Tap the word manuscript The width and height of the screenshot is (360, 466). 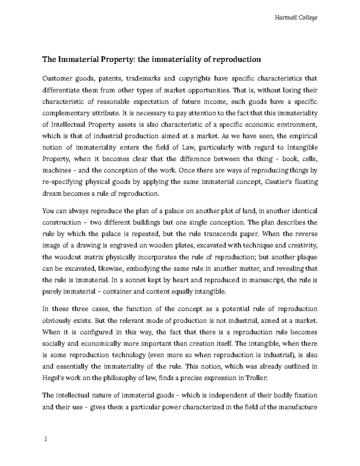(x=265, y=280)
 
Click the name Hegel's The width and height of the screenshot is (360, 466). (x=53, y=378)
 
